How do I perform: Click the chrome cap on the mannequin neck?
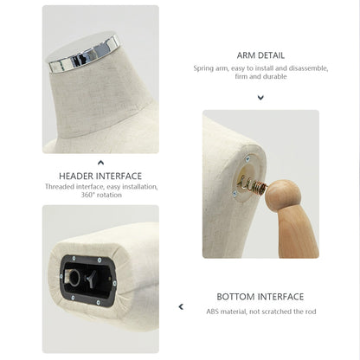83,52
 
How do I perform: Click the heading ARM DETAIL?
260,55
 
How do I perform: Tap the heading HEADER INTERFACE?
100,176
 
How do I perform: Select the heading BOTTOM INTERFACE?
260,297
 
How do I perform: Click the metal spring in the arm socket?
252,185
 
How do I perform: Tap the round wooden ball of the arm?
283,196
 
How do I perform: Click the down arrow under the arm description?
260,98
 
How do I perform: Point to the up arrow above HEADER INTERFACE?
100,163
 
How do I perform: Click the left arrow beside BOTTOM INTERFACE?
181,306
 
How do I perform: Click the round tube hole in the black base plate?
74,278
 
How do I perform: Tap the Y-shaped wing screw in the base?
91,279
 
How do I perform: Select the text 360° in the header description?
87,195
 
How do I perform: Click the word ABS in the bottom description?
213,312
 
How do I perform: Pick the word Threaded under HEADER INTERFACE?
60,187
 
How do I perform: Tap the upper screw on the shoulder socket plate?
247,158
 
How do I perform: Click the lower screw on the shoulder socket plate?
235,194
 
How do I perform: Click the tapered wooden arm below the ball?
297,234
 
